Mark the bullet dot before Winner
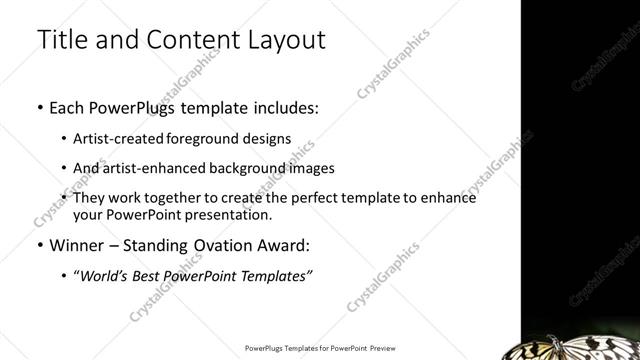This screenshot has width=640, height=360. pyautogui.click(x=39, y=246)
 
